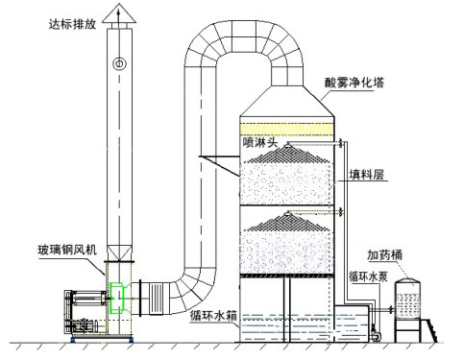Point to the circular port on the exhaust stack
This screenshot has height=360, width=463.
pyautogui.click(x=118, y=64)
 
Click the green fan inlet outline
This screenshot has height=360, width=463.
pyautogui.click(x=116, y=297)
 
